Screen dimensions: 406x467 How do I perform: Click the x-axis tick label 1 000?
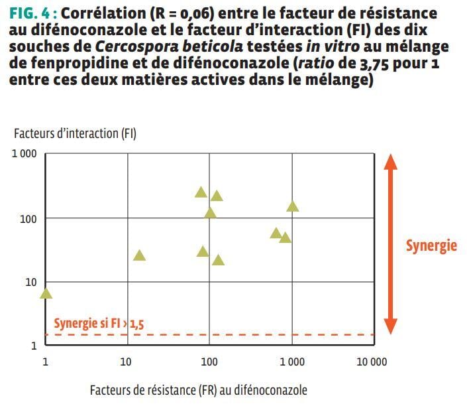(x=291, y=362)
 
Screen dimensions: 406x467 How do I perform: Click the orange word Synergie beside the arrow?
(x=431, y=245)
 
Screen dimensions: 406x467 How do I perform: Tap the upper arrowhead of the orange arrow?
(x=391, y=163)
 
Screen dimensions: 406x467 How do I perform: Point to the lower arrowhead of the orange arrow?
(x=391, y=326)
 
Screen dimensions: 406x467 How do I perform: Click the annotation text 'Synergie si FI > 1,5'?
(x=99, y=324)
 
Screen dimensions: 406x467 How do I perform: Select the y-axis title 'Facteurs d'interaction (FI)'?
(x=75, y=133)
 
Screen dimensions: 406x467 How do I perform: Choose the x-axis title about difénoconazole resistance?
(x=199, y=389)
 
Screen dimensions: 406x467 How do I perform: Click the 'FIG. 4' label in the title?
(x=31, y=13)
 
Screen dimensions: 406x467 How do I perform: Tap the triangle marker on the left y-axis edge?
(x=46, y=293)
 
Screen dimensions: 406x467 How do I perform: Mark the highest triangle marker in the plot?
(x=201, y=192)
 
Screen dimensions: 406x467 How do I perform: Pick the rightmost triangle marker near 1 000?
(x=292, y=206)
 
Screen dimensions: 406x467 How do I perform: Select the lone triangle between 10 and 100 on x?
(x=139, y=255)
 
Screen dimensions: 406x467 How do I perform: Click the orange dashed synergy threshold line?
(x=265, y=334)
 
